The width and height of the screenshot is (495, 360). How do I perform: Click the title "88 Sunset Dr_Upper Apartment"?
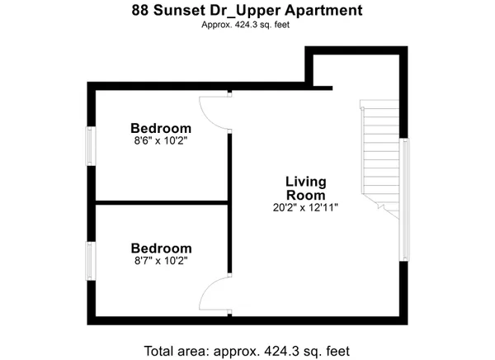pyautogui.click(x=247, y=12)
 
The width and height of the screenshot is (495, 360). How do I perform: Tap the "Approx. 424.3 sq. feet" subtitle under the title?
pyautogui.click(x=247, y=25)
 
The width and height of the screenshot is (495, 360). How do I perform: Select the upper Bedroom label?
pyautogui.click(x=161, y=129)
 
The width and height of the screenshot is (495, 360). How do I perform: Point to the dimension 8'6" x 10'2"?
pyautogui.click(x=161, y=141)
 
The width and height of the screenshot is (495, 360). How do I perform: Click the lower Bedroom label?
pyautogui.click(x=161, y=248)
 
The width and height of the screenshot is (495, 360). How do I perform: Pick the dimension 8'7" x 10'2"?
pyautogui.click(x=161, y=261)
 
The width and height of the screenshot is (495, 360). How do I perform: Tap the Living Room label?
pyautogui.click(x=306, y=187)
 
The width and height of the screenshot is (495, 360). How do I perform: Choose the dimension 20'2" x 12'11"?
pyautogui.click(x=306, y=207)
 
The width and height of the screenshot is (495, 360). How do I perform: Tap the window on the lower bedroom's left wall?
pyautogui.click(x=92, y=261)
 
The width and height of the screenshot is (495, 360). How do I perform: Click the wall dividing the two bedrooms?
pyautogui.click(x=161, y=201)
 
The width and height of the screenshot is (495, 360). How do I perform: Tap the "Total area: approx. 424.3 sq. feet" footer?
pyautogui.click(x=247, y=348)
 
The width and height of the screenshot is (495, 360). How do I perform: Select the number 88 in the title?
pyautogui.click(x=141, y=12)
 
